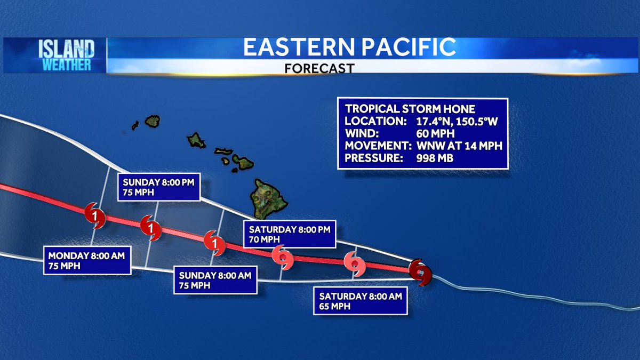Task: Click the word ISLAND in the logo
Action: (67, 50)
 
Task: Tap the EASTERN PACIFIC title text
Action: (349, 47)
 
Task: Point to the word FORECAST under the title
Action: (319, 68)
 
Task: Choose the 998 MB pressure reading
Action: (434, 158)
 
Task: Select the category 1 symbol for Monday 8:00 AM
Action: (94, 216)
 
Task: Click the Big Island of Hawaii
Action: (270, 198)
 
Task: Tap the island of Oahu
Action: (196, 141)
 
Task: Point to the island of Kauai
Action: (153, 121)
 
